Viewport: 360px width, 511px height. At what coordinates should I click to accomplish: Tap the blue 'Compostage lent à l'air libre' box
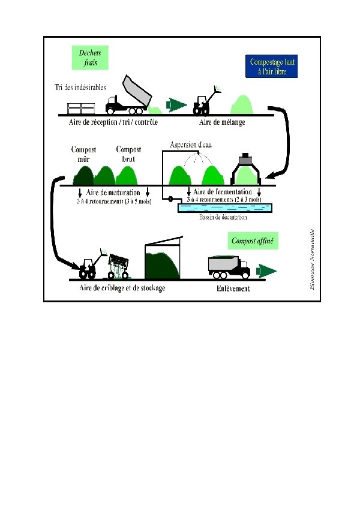click(x=272, y=67)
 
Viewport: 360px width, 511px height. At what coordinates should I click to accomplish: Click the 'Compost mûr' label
click(x=83, y=154)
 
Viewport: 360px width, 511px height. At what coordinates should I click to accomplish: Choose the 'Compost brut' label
click(x=128, y=154)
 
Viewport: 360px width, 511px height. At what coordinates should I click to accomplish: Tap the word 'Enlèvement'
click(x=233, y=288)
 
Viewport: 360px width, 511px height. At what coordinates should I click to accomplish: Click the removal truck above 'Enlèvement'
click(x=228, y=266)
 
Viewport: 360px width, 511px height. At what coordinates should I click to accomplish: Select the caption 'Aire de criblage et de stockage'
click(x=122, y=288)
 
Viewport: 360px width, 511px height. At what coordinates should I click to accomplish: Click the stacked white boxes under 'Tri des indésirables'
click(x=81, y=109)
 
